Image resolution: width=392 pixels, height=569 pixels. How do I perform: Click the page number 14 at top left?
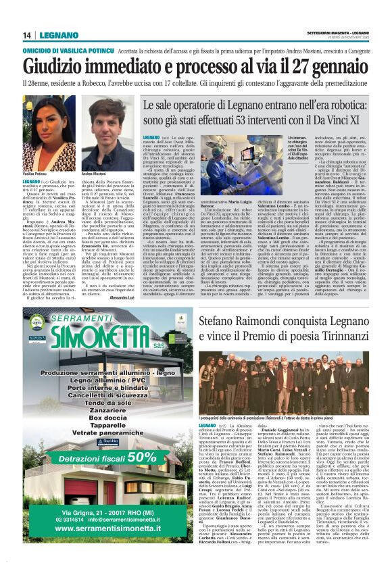click(x=28, y=35)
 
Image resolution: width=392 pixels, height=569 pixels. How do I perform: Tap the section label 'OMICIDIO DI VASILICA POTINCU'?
click(x=68, y=51)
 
